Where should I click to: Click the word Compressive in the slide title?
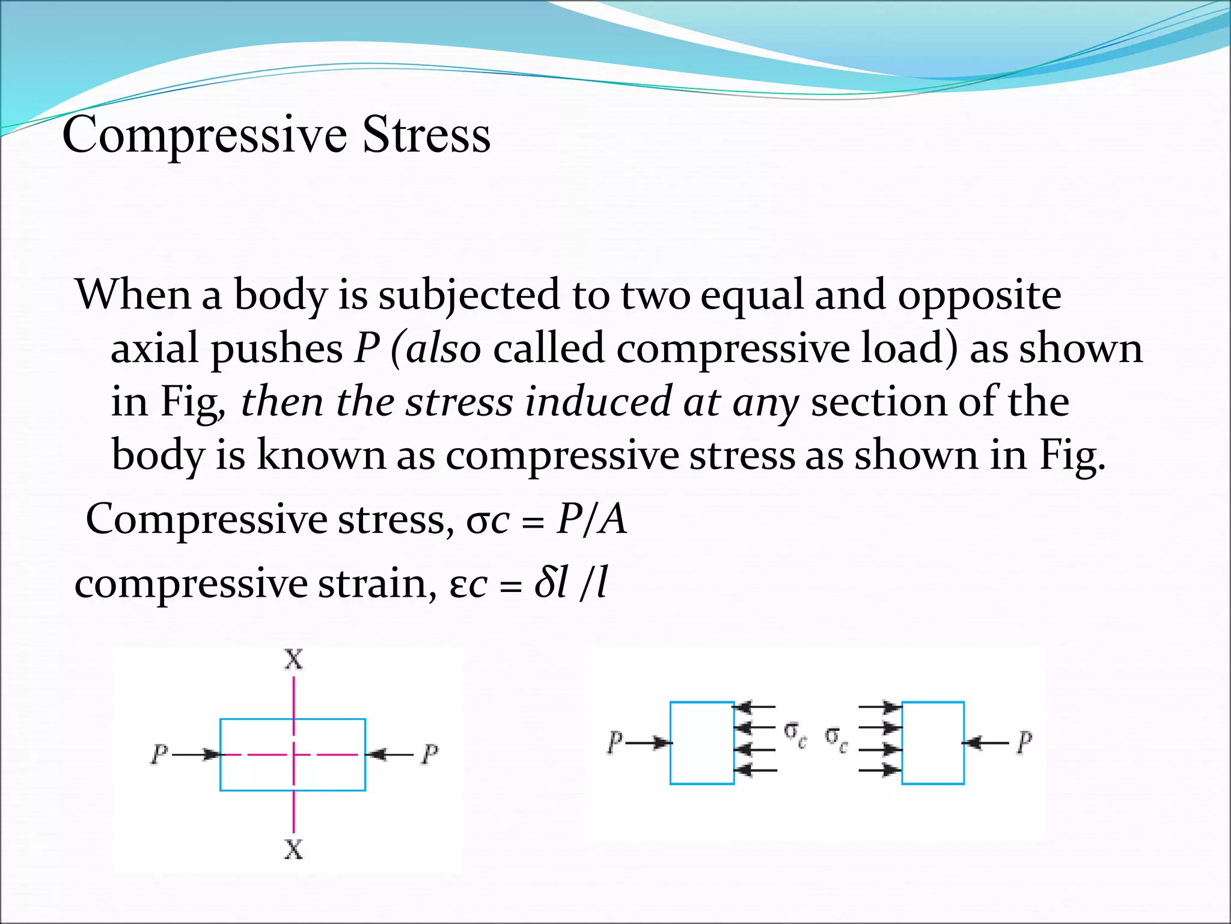pos(204,135)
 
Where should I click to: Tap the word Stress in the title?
pos(426,135)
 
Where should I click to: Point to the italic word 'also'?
pos(444,349)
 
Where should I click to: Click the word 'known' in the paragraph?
pos(321,455)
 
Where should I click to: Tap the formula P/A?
pos(591,519)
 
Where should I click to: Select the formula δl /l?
pos(570,583)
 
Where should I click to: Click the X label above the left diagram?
pos(293,660)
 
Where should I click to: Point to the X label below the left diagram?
pos(293,849)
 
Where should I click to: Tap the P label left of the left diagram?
pos(159,754)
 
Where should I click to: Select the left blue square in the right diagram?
pos(702,743)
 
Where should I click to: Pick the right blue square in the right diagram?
pos(933,743)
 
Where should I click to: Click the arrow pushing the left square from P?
pos(648,743)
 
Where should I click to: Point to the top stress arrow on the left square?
pos(755,706)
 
